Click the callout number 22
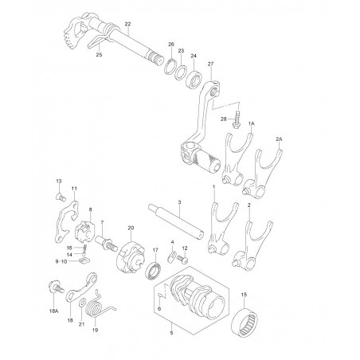coord(127,24)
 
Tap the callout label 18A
coord(53,311)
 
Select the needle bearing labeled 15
coord(245,322)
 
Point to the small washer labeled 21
coord(82,302)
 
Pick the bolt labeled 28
coord(237,119)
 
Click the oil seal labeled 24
coord(194,80)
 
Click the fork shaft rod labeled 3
coord(176,221)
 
